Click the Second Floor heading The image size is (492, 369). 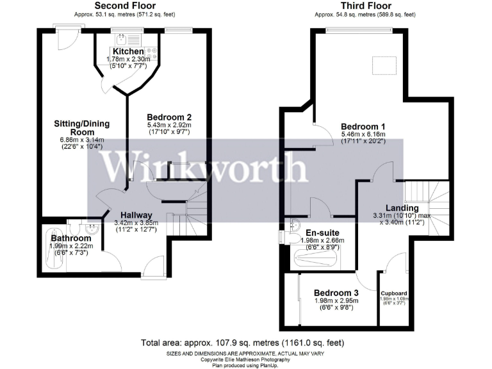(x=125, y=6)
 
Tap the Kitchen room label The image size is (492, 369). (x=128, y=51)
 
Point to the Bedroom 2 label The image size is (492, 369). (x=169, y=117)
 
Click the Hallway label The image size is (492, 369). (x=135, y=215)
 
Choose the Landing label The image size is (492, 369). (x=402, y=208)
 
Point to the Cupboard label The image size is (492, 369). (x=393, y=293)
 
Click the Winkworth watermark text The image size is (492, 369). (x=206, y=168)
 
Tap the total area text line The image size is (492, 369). (x=245, y=341)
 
